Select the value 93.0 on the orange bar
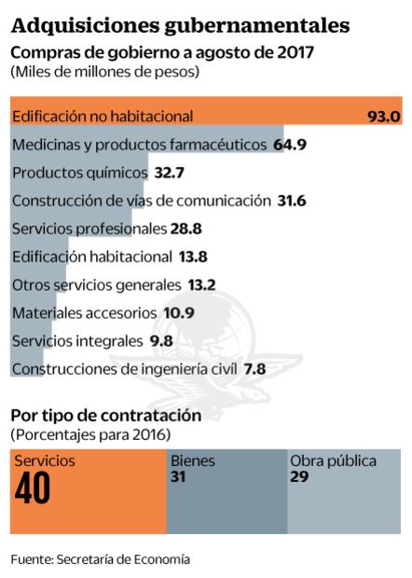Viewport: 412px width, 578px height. (x=383, y=117)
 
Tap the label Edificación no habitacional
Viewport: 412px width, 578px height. (x=103, y=117)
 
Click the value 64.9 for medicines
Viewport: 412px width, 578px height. (x=292, y=144)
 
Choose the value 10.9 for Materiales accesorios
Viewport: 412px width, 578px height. (x=175, y=312)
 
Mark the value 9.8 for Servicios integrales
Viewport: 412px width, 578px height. (x=160, y=340)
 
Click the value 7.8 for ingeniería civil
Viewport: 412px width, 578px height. (x=254, y=368)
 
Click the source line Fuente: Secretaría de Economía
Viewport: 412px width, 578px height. (x=101, y=559)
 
